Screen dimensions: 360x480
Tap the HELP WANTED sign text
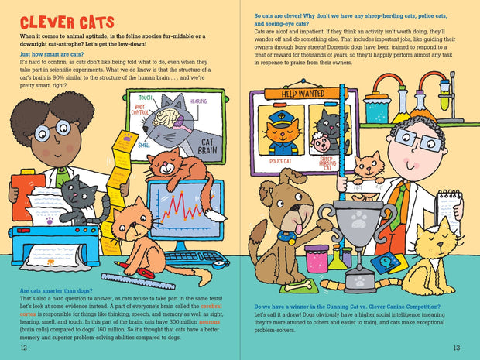303,94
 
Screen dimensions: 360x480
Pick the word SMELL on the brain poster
145,144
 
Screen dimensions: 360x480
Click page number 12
23,348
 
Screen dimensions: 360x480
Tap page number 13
457,348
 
